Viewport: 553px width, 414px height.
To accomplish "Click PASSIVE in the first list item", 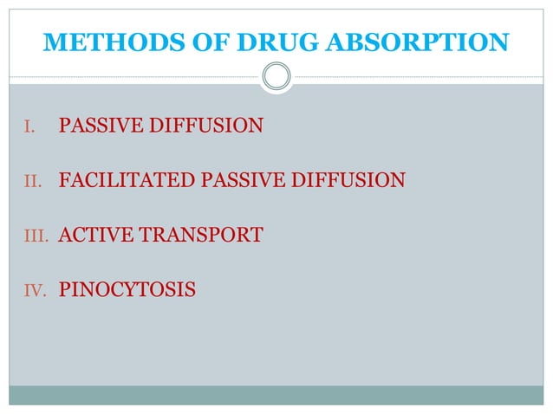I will click(98, 127).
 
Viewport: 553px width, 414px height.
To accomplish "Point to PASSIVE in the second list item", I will click(241, 181).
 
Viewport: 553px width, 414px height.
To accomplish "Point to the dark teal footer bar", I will click(276, 395).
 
